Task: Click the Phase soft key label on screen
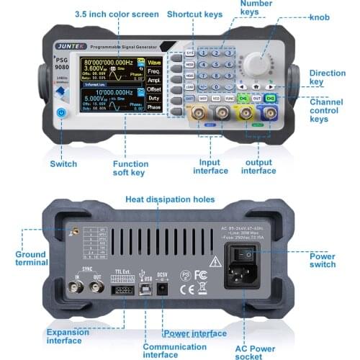[153, 107]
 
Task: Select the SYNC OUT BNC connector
[96, 288]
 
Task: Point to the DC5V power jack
[162, 288]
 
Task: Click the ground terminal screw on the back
[71, 232]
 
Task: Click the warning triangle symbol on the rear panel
[215, 261]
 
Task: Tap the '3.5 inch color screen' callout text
[117, 14]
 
